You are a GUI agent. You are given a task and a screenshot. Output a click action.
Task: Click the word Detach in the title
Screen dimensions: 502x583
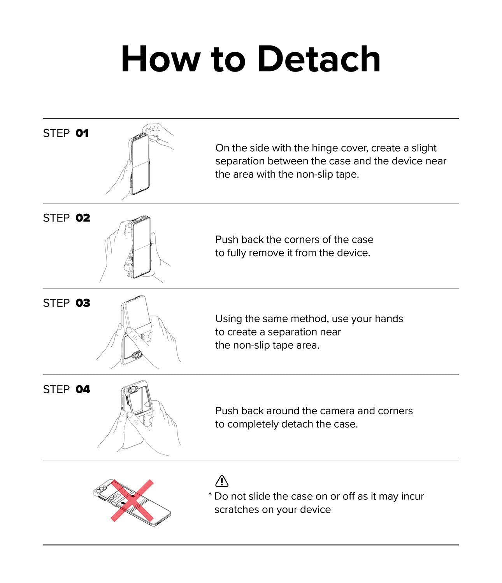tap(319, 59)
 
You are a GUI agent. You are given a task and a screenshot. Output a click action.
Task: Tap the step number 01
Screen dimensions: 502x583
tap(82, 133)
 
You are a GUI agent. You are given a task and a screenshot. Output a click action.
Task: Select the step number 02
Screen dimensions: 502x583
tap(83, 218)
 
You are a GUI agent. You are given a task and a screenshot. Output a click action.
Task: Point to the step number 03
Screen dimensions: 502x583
tap(83, 303)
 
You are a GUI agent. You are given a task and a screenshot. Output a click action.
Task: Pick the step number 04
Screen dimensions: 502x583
tap(83, 389)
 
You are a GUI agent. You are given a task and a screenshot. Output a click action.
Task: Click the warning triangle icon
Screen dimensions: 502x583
tap(222, 481)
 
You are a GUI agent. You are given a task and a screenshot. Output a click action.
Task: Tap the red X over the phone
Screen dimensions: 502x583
tap(132, 501)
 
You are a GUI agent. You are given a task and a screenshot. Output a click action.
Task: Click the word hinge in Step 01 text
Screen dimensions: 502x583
tap(323, 148)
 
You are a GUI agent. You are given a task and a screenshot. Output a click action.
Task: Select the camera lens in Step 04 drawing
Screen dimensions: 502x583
tap(132, 390)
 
